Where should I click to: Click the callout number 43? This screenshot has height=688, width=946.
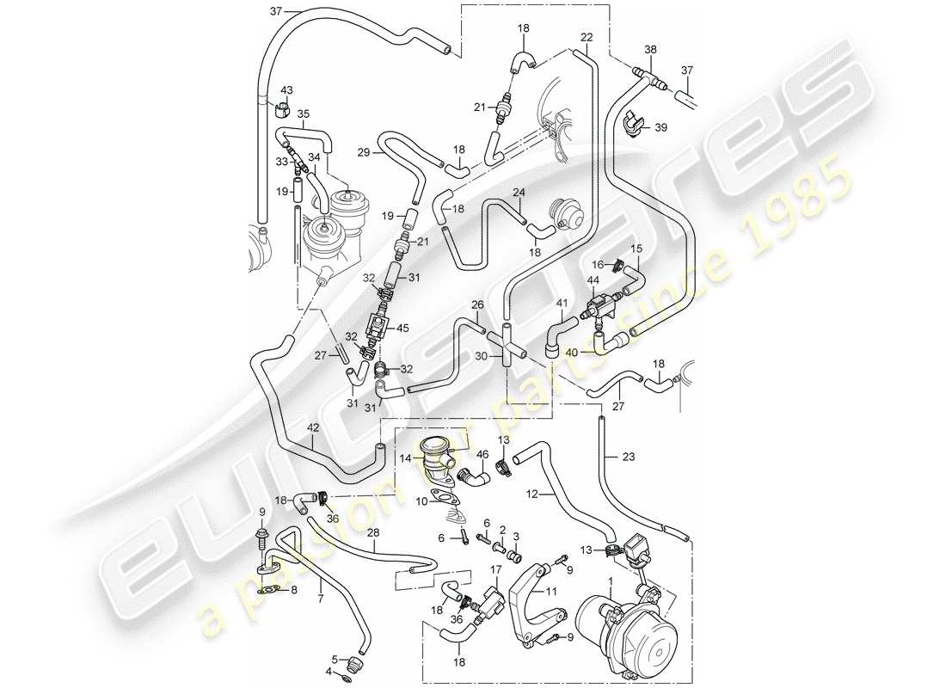pyautogui.click(x=286, y=90)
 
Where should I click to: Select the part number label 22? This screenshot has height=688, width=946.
pyautogui.click(x=587, y=37)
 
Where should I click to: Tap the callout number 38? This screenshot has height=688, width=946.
pyautogui.click(x=650, y=50)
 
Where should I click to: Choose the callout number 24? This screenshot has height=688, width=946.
pyautogui.click(x=519, y=193)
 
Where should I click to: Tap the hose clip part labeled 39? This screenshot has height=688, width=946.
pyautogui.click(x=632, y=126)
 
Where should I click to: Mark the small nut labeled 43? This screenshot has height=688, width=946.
pyautogui.click(x=281, y=109)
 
